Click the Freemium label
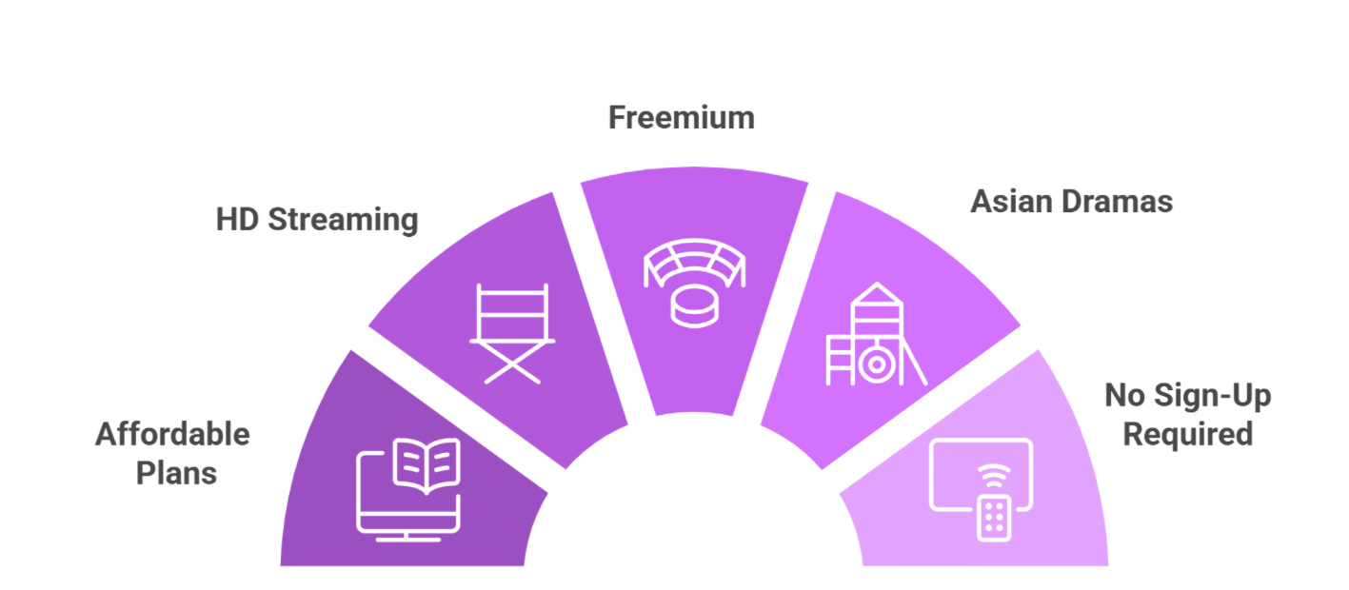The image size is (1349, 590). tap(681, 117)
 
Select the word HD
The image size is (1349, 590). tap(237, 219)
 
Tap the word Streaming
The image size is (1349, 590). tap(343, 221)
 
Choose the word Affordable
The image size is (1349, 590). tap(172, 434)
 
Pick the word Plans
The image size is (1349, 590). tap(176, 473)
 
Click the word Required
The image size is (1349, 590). tap(1187, 434)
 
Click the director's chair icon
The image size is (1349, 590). tap(512, 333)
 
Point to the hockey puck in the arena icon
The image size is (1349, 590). tap(694, 306)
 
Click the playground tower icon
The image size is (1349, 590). tap(876, 335)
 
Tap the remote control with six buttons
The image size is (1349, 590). tap(994, 518)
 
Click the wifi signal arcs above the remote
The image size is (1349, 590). tap(994, 476)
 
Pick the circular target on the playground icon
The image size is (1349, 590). tap(877, 364)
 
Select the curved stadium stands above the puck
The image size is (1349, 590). tap(694, 263)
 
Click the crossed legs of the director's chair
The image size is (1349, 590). tap(512, 363)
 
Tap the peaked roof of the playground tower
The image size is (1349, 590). tap(877, 294)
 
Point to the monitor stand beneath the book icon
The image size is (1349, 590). tap(408, 537)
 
